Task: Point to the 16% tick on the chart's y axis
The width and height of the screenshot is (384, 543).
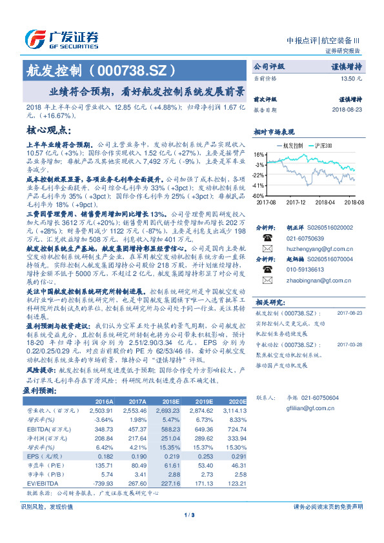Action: pyautogui.click(x=259, y=155)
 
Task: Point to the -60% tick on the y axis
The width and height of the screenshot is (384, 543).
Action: pyautogui.click(x=258, y=195)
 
